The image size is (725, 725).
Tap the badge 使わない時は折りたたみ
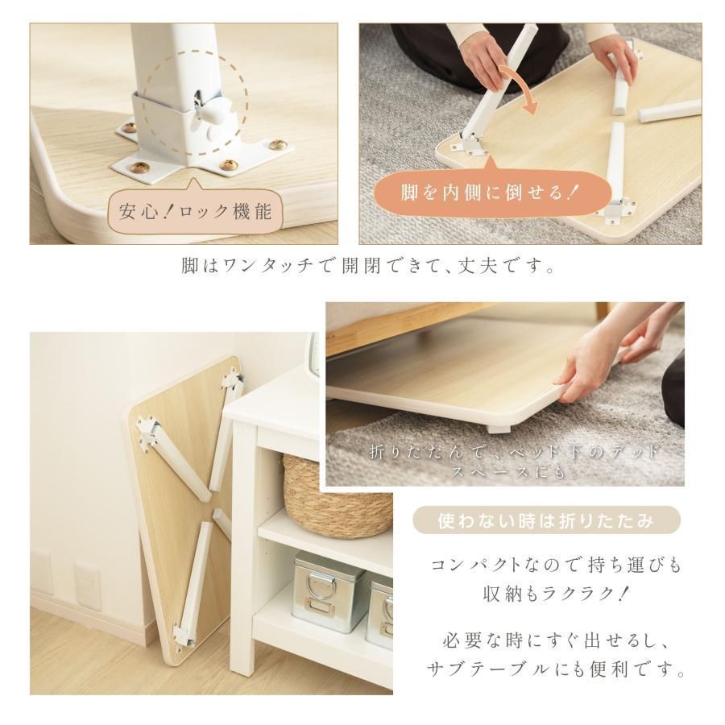pyautogui.click(x=546, y=521)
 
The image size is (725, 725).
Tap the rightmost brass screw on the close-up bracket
pyautogui.click(x=278, y=146)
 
